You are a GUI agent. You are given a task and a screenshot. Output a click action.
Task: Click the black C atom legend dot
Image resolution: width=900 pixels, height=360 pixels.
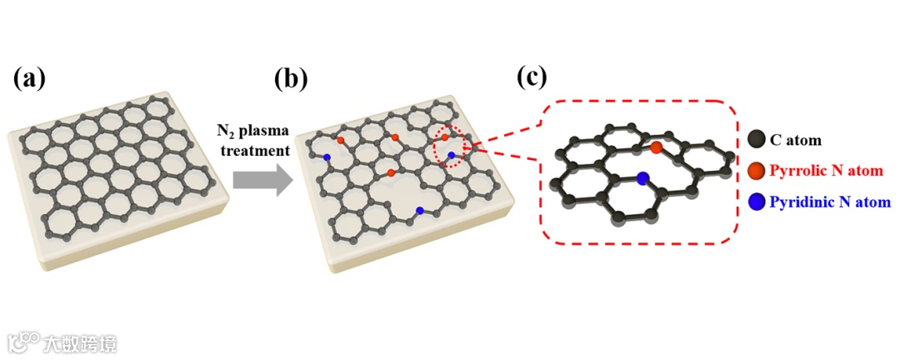coord(757,141)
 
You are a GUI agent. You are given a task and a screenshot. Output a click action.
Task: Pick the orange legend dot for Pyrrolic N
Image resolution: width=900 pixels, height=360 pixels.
coord(757,171)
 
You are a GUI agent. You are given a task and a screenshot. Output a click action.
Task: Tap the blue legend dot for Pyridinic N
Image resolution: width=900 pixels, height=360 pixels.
coord(757,202)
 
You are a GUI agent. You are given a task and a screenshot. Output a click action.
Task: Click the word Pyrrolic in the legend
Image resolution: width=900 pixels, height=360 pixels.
coord(796,171)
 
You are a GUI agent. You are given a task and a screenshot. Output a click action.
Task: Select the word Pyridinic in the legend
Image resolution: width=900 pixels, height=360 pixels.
coord(800,202)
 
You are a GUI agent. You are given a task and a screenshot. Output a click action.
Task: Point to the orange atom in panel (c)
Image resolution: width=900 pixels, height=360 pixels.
coord(657,147)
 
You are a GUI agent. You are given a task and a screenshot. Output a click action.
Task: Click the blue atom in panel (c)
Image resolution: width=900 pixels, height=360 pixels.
coord(642,177)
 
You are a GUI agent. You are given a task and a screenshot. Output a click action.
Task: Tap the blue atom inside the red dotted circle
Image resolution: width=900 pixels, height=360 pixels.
coord(452,156)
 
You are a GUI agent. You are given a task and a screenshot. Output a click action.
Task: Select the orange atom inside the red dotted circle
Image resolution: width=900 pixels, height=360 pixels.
coord(445,137)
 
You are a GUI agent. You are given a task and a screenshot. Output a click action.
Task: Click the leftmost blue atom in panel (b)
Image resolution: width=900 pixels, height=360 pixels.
coord(327,157)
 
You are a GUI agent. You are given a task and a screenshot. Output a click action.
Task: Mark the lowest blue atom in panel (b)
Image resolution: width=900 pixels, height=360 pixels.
coord(420,210)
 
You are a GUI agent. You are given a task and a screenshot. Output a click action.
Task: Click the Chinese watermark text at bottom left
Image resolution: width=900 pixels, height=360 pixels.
coord(82,342)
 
